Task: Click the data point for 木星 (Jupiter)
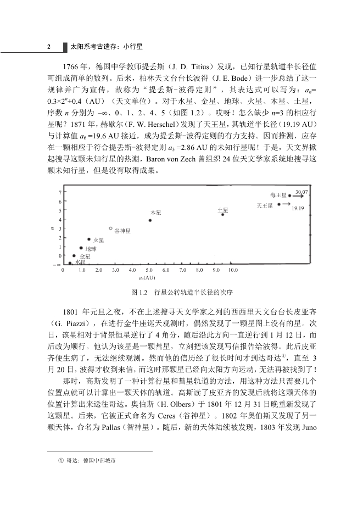coord(150,220)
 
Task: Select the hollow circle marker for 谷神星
coord(111,228)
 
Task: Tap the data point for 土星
coord(222,214)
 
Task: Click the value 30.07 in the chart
coord(301,192)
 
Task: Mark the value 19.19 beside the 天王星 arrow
coord(298,208)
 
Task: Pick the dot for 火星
coord(89,239)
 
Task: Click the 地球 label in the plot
coord(91,249)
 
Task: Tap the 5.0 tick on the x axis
coord(148,271)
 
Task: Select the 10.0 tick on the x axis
coord(233,271)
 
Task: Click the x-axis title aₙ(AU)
coord(148,278)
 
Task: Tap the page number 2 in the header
coord(49,47)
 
